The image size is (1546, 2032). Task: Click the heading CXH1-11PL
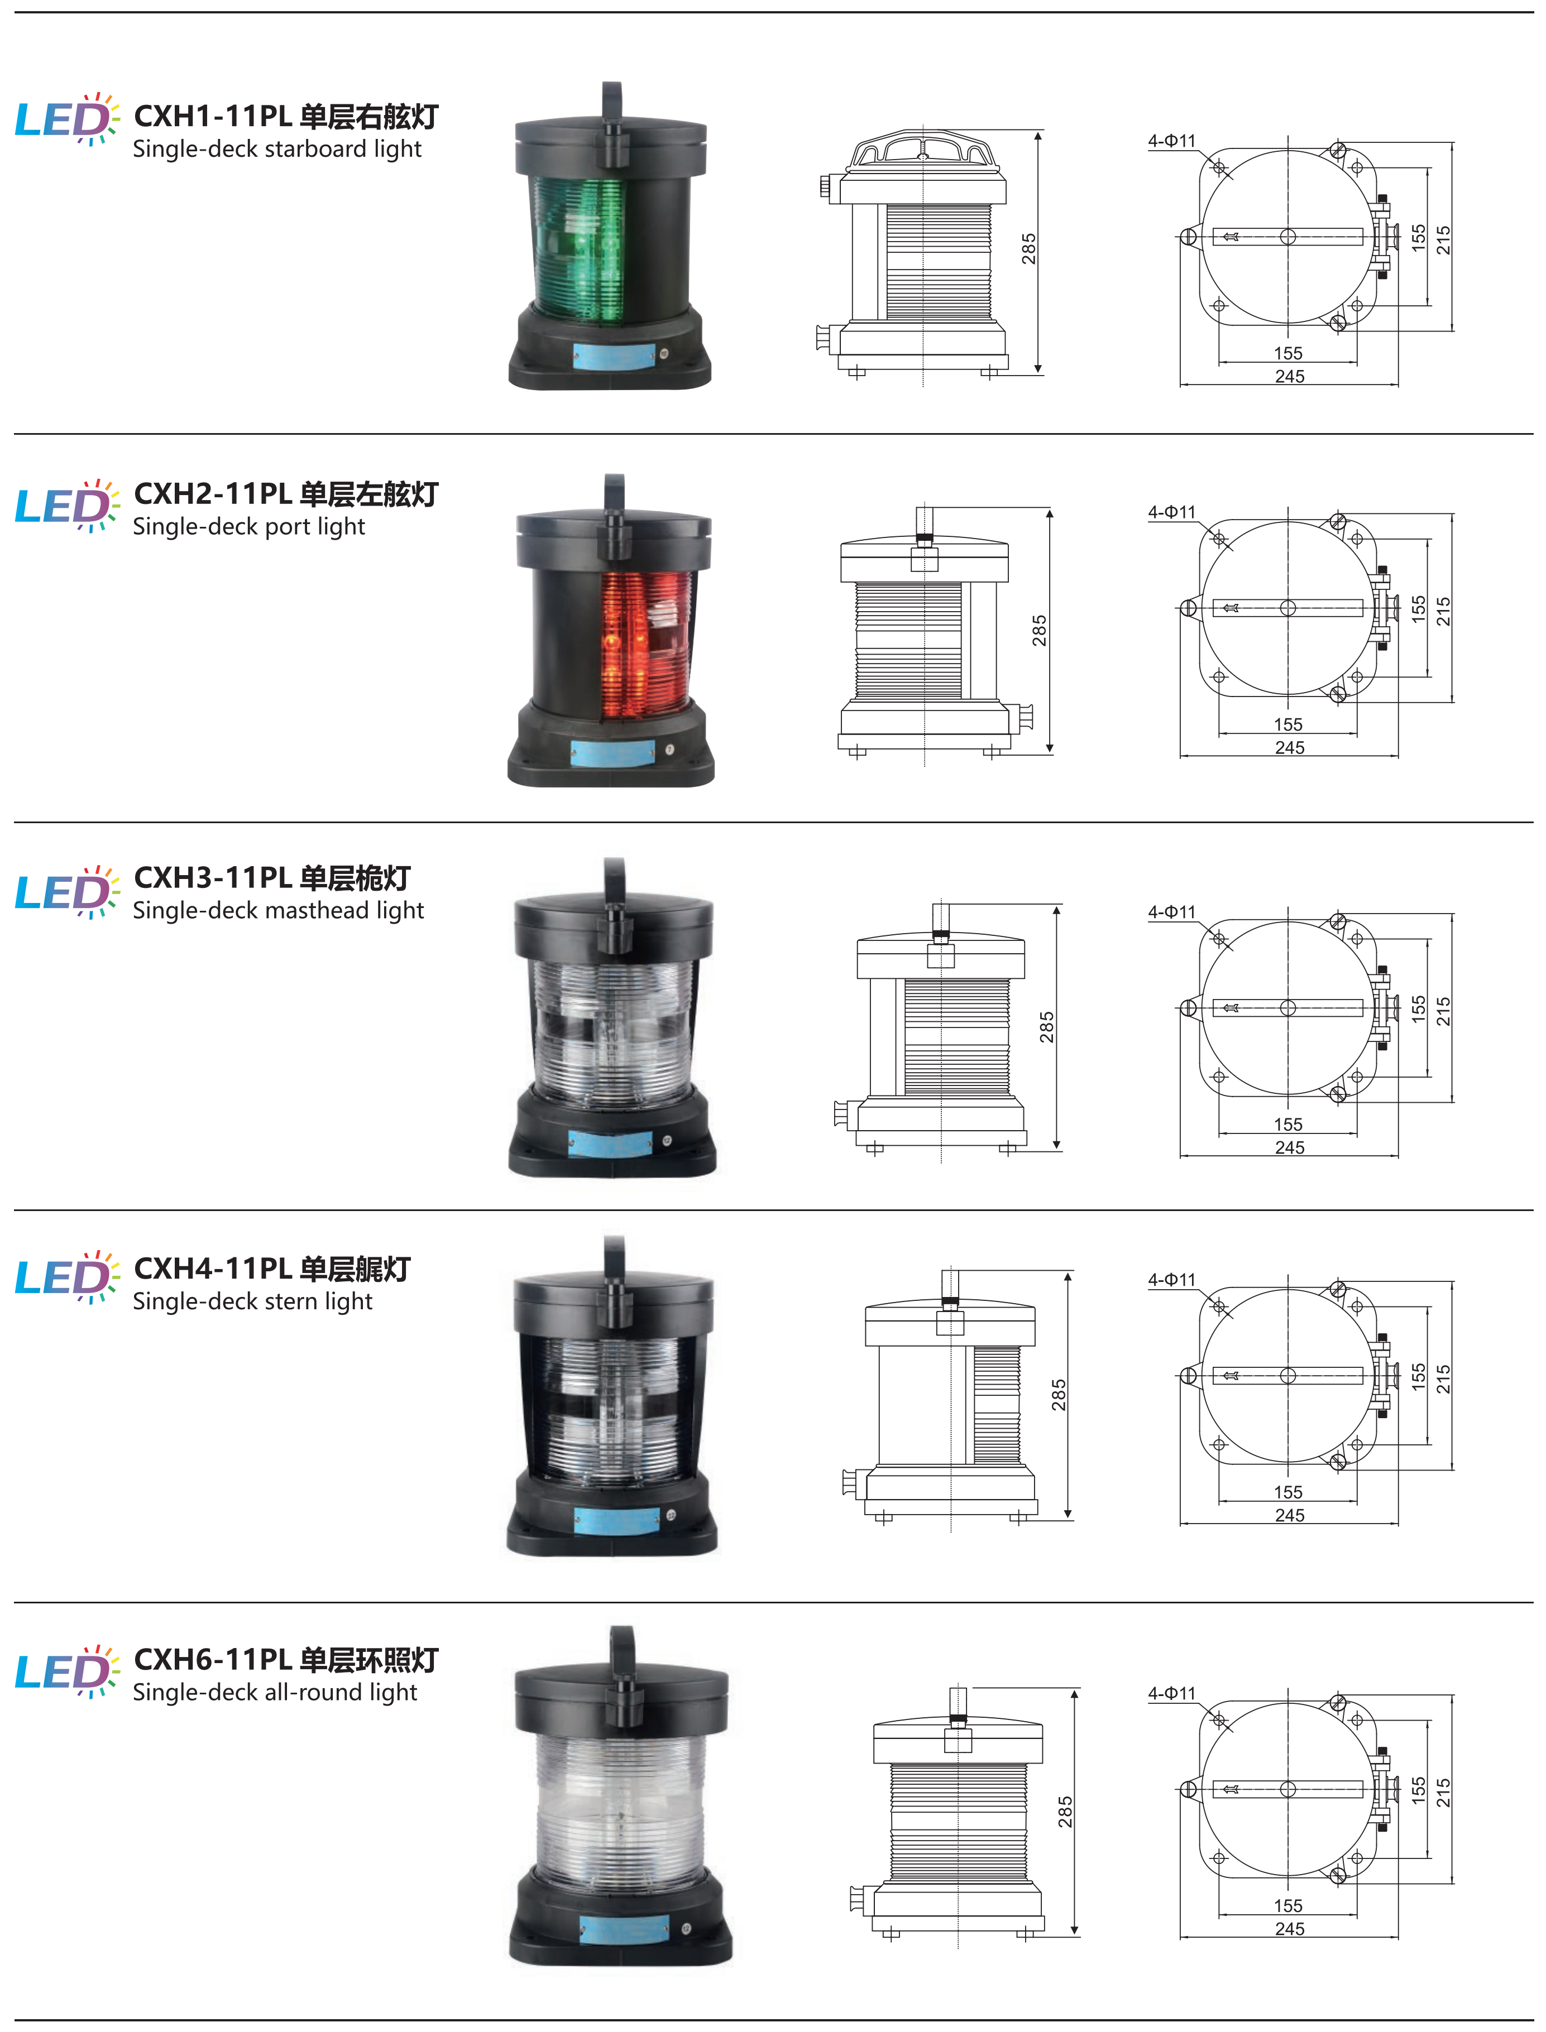[213, 116]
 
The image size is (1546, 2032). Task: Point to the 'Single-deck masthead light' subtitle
[278, 911]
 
